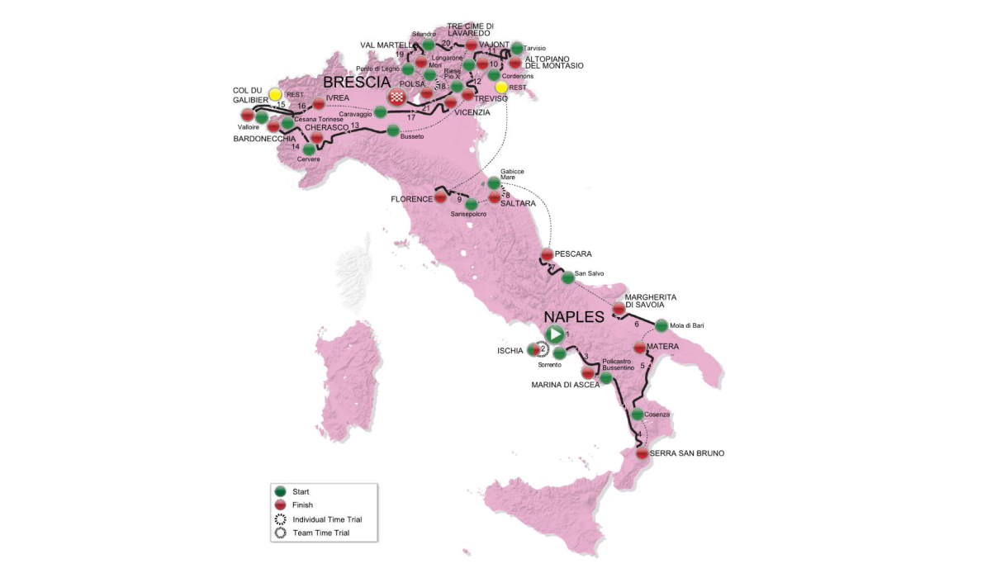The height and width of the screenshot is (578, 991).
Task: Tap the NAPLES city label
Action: [574, 317]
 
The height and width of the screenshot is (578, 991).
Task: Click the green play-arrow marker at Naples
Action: [556, 334]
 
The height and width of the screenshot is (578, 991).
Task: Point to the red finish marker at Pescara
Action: [547, 254]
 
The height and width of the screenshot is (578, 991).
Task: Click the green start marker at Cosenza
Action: [638, 415]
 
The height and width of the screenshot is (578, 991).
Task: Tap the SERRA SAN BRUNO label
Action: [681, 453]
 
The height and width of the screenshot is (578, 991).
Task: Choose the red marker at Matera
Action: [639, 347]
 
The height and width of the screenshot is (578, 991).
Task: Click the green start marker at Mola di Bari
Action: [661, 325]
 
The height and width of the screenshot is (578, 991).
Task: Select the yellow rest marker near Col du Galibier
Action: [275, 95]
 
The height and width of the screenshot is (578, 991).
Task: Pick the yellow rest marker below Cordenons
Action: [501, 88]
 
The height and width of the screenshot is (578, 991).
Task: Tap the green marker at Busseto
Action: [393, 130]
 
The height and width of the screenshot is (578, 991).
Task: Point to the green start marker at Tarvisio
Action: [517, 48]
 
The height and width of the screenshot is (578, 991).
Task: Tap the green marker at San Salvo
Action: [567, 277]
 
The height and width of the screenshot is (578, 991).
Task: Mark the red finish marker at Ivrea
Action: [319, 104]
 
